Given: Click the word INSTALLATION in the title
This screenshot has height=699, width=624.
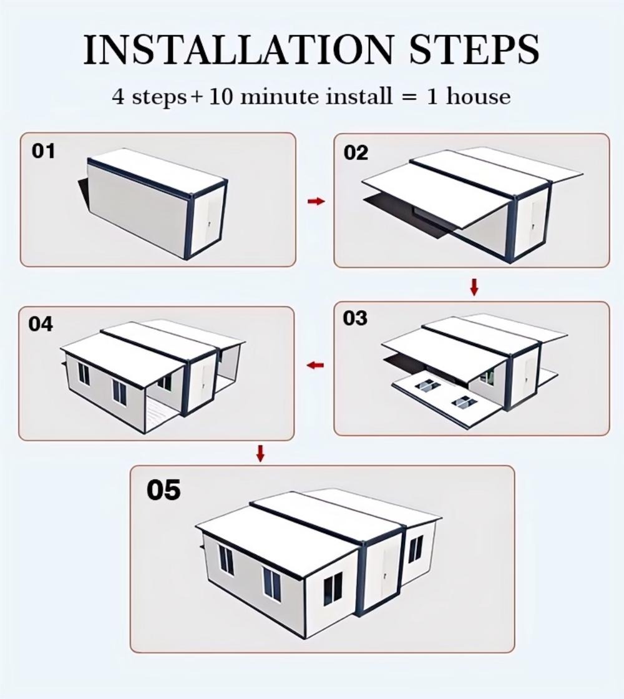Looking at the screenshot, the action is click(x=239, y=49).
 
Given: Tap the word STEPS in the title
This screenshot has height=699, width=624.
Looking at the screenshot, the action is click(x=474, y=49).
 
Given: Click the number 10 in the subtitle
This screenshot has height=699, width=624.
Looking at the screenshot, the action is click(x=221, y=96).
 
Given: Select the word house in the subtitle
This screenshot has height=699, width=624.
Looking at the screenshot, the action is click(x=478, y=96).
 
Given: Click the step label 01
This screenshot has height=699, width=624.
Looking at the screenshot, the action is click(x=43, y=151).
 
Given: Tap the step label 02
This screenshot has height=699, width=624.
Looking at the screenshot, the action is click(x=356, y=153).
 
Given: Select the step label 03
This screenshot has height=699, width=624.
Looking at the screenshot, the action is click(x=355, y=318).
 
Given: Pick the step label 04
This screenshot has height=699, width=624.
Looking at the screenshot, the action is click(x=41, y=324).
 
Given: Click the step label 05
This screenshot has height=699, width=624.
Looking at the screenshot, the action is click(x=163, y=490).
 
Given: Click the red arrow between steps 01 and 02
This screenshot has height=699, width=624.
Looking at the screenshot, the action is click(x=316, y=202).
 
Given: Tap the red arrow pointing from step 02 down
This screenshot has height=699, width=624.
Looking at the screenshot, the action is click(x=474, y=286).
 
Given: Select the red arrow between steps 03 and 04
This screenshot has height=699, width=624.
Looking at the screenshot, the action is click(x=316, y=366).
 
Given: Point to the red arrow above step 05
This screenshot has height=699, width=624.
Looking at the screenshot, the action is click(x=261, y=453).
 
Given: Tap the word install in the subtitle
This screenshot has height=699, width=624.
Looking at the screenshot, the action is click(x=359, y=96).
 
